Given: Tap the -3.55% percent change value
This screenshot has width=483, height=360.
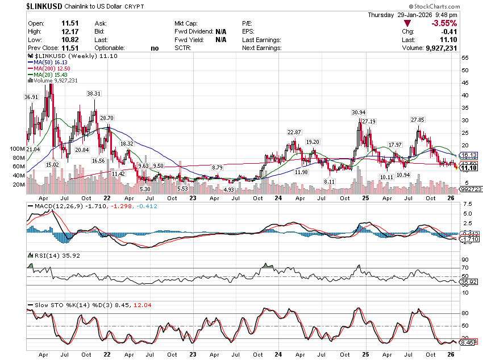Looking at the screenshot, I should (444, 23).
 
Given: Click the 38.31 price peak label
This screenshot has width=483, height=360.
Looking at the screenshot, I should (94, 93).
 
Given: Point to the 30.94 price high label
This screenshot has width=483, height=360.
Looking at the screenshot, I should (359, 112).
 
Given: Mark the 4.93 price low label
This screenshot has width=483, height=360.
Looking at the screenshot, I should (229, 189).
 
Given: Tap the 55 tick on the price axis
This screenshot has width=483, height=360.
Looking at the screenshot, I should (464, 58).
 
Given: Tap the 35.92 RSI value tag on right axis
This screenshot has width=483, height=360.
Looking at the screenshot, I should (469, 282).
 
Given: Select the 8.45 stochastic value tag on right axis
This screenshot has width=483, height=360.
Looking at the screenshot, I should (468, 343).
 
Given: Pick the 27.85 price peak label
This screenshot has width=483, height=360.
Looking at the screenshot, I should (418, 119).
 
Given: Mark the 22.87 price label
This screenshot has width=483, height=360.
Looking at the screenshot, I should (294, 132).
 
